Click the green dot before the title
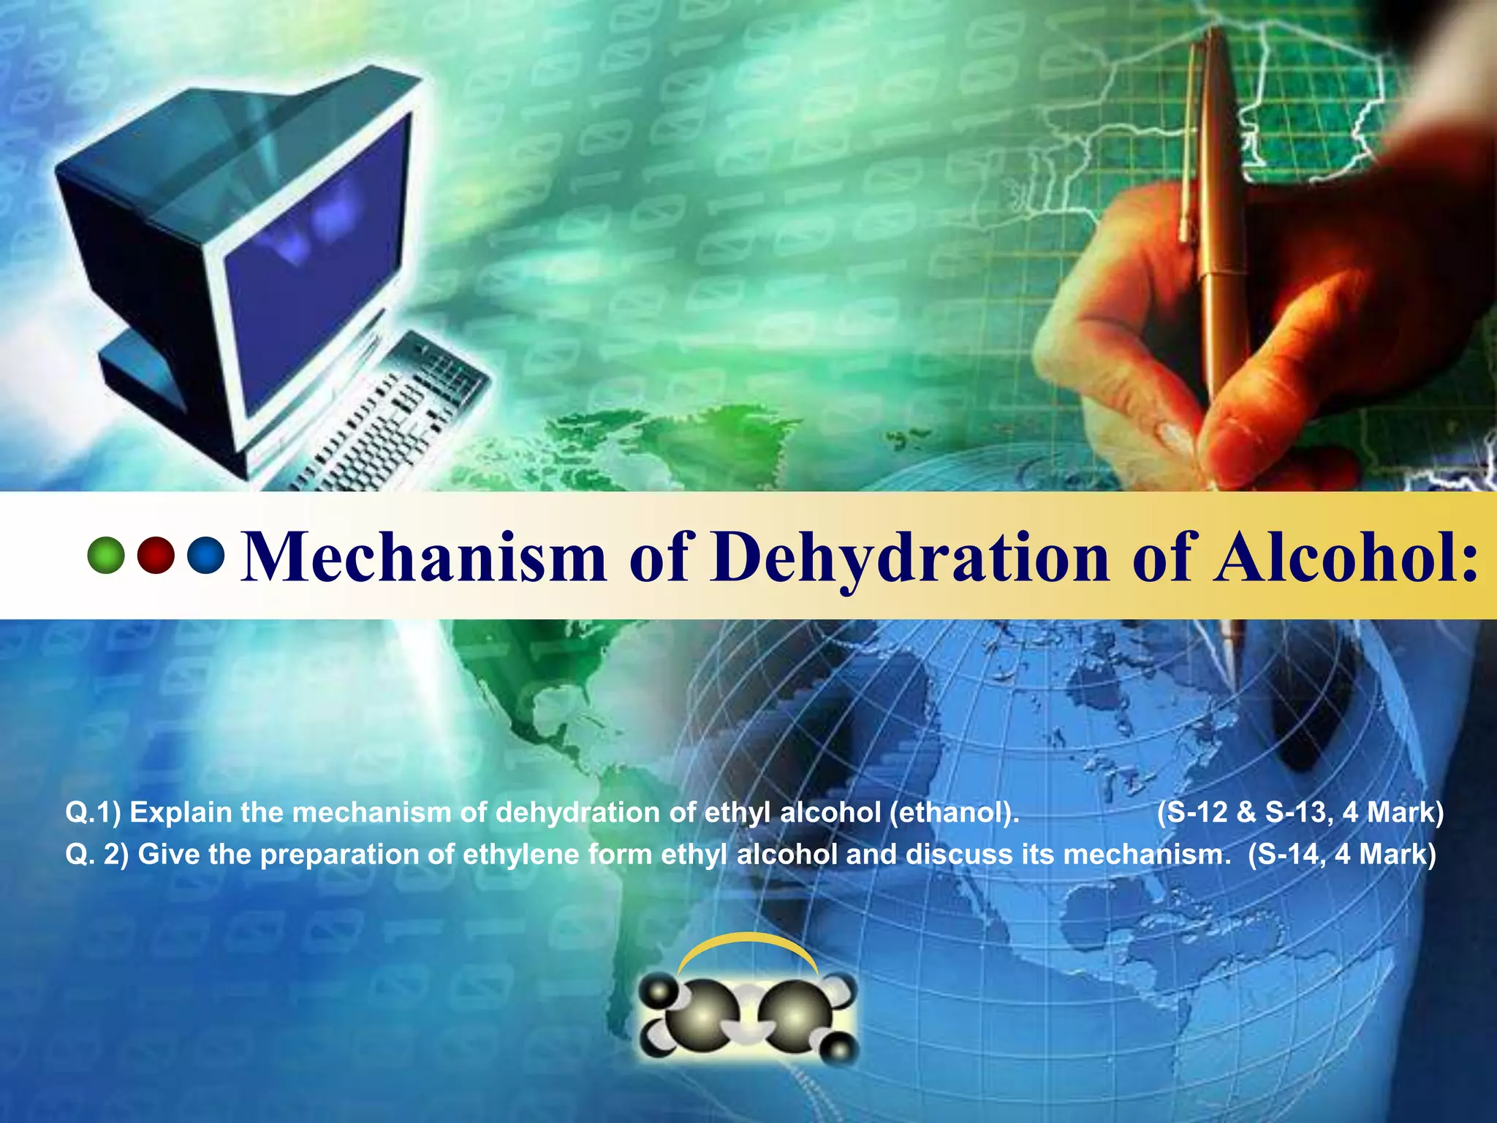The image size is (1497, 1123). click(x=105, y=556)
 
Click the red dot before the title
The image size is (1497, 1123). click(x=156, y=556)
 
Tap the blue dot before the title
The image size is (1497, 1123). click(x=205, y=556)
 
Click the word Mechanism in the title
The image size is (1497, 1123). click(x=423, y=557)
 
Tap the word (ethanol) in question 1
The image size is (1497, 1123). click(x=954, y=813)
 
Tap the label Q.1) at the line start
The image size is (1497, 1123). click(x=93, y=813)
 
